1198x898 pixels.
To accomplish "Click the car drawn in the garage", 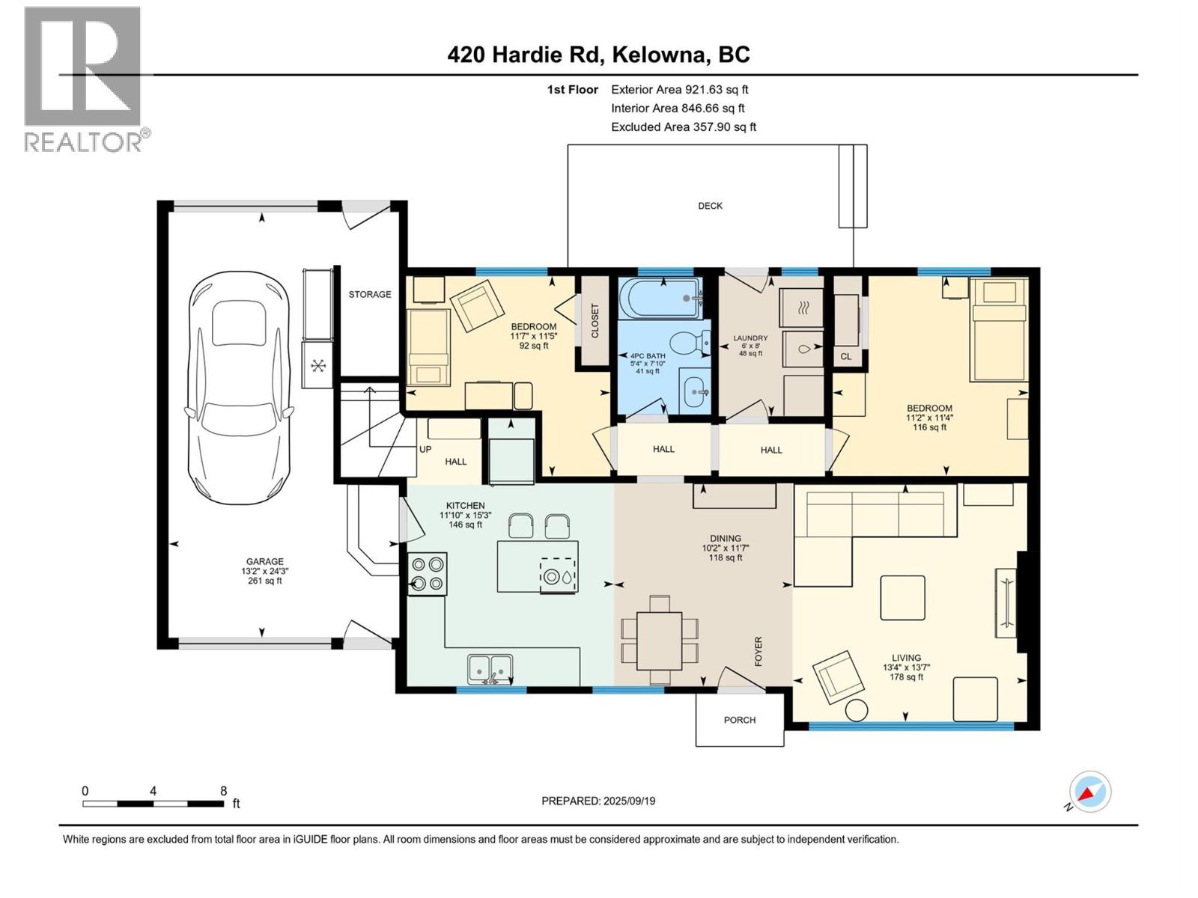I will [238, 388].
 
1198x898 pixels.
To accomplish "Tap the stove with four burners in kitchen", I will [428, 574].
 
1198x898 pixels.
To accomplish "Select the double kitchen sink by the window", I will [490, 668].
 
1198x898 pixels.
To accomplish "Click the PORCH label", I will [739, 720].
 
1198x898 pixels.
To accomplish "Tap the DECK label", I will [710, 206].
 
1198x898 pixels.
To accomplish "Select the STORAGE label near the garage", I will [369, 294].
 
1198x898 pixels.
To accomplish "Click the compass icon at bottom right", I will [1089, 792].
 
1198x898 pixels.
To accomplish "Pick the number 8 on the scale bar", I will [223, 791].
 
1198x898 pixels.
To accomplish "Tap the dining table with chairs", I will [659, 640].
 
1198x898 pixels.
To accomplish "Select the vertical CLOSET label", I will [595, 320].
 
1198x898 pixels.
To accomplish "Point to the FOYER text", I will [758, 651].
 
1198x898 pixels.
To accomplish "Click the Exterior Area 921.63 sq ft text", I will [679, 89].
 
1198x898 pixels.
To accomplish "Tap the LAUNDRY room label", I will [750, 338].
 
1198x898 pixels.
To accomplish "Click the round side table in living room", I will [857, 710].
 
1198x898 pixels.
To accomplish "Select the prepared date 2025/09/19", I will [598, 801].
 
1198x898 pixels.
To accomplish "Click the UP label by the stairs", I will [425, 450].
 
